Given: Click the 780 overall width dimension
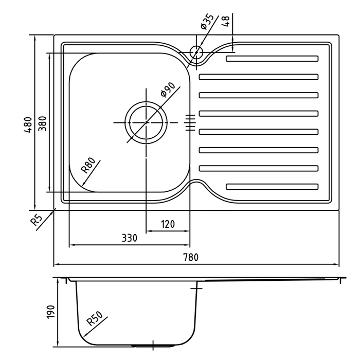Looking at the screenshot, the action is pyautogui.click(x=191, y=257).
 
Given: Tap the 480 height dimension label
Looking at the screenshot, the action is pyautogui.click(x=28, y=125).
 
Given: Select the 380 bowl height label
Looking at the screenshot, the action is pyautogui.click(x=42, y=124).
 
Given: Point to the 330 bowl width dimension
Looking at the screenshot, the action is pyautogui.click(x=129, y=238).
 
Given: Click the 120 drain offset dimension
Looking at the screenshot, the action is pyautogui.click(x=168, y=224).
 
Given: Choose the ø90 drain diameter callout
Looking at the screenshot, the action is pyautogui.click(x=168, y=90).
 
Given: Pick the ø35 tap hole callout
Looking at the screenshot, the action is pyautogui.click(x=207, y=22).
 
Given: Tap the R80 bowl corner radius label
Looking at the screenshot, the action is pyautogui.click(x=88, y=165).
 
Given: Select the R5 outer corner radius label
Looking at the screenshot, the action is pyautogui.click(x=37, y=220).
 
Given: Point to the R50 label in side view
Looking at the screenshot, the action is pyautogui.click(x=95, y=318).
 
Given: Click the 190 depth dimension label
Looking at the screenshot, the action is pyautogui.click(x=51, y=312).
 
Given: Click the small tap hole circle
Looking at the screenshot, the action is pyautogui.click(x=196, y=52).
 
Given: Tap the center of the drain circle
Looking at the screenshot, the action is pyautogui.click(x=146, y=122).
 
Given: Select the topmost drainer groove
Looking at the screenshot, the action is pyautogui.click(x=272, y=59).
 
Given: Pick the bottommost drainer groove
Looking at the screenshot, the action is pyautogui.click(x=272, y=187).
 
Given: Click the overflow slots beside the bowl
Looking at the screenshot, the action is pyautogui.click(x=190, y=122).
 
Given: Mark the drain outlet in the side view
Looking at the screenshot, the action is pyautogui.click(x=153, y=346).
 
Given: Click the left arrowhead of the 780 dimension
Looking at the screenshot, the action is pyautogui.click(x=57, y=264).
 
